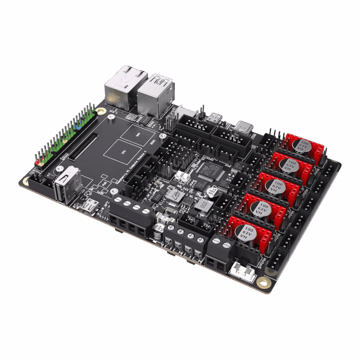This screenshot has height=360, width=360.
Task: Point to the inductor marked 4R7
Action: [x=174, y=195]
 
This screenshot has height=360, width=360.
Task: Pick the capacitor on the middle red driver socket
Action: [x=274, y=187]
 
